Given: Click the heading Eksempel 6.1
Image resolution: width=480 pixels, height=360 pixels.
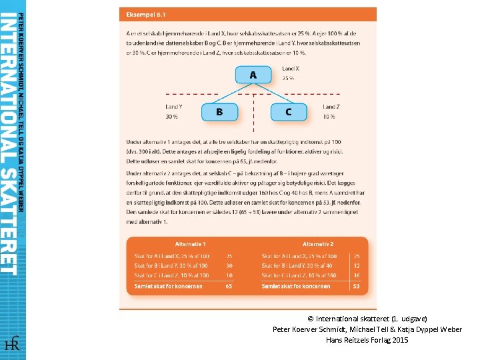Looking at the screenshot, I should pyautogui.click(x=143, y=14).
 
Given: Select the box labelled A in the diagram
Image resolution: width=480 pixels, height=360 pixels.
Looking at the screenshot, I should pyautogui.click(x=253, y=75).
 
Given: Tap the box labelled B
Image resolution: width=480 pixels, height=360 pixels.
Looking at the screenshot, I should pyautogui.click(x=219, y=111).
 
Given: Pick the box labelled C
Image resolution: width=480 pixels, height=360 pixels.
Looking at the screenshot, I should pyautogui.click(x=288, y=111).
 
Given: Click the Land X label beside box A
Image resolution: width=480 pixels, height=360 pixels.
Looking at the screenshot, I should pyautogui.click(x=290, y=69).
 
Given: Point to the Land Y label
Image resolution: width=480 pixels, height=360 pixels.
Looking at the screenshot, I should pyautogui.click(x=174, y=107).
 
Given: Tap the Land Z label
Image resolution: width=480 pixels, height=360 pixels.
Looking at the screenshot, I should pyautogui.click(x=331, y=107).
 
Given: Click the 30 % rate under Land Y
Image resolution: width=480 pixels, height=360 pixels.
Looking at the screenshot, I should pyautogui.click(x=171, y=117).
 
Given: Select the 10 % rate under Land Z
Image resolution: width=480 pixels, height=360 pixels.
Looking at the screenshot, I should pyautogui.click(x=329, y=117).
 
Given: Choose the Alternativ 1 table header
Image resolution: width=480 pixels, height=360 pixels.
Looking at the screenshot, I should pyautogui.click(x=190, y=244).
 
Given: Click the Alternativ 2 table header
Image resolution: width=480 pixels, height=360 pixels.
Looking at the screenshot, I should pyautogui.click(x=318, y=244).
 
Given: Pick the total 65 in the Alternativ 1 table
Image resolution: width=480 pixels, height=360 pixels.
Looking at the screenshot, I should pyautogui.click(x=229, y=287).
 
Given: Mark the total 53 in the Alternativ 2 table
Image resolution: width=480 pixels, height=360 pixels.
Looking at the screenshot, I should pyautogui.click(x=356, y=287).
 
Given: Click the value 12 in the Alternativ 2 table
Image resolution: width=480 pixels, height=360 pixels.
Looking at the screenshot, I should pyautogui.click(x=357, y=265).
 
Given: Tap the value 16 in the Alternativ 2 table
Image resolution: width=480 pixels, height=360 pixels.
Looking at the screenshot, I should pyautogui.click(x=357, y=275).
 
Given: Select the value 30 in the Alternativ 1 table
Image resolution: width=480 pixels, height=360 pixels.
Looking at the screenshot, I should pyautogui.click(x=229, y=265).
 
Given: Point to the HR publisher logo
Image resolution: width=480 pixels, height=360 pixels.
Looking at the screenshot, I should pyautogui.click(x=12, y=344).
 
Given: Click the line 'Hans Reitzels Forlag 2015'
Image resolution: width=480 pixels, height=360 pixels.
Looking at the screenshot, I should pyautogui.click(x=367, y=340).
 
